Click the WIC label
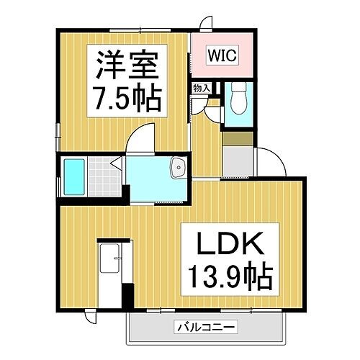(222, 55)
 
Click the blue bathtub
(75, 176)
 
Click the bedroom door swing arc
(144, 137)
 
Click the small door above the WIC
(207, 23)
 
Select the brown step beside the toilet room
(237, 139)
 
